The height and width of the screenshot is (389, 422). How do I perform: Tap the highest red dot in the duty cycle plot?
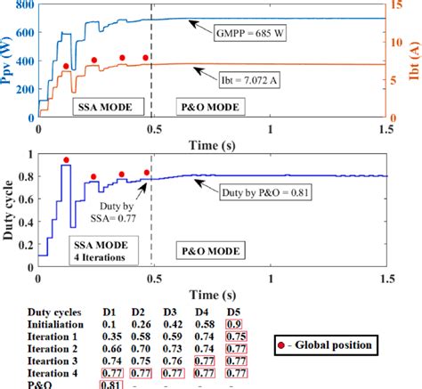[x=66, y=160]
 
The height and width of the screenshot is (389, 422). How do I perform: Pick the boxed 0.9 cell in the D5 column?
[x=234, y=325]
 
